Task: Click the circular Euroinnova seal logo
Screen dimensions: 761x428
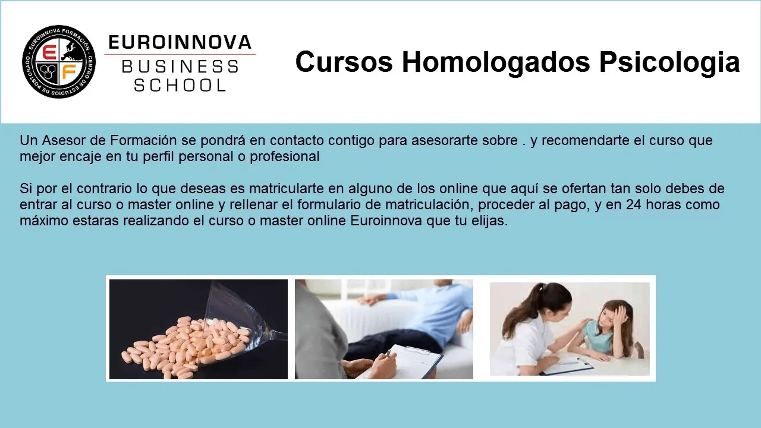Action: [59, 62]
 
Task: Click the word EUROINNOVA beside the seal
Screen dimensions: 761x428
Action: [180, 42]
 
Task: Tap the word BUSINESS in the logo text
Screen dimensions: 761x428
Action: [180, 67]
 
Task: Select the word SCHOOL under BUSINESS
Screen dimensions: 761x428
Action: [180, 85]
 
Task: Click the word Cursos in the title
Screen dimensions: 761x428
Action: [344, 62]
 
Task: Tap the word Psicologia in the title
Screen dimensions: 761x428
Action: [669, 63]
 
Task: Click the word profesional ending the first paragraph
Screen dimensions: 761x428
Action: [285, 156]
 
